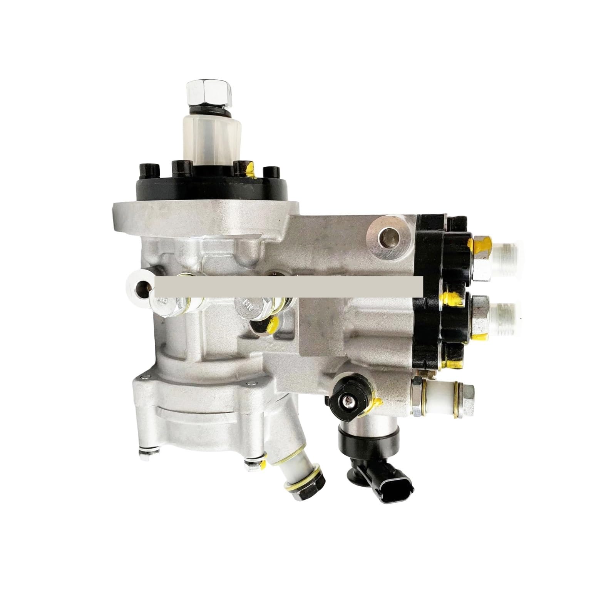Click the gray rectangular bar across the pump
289,285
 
